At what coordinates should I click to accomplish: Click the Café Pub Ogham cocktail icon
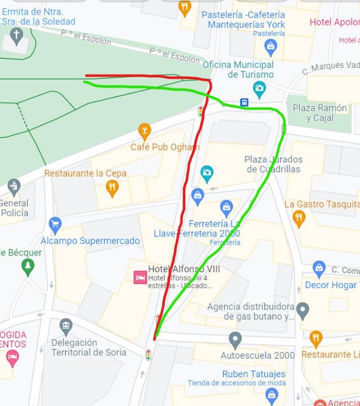click(x=144, y=131)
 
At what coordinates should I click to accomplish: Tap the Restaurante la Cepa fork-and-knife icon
click(x=112, y=188)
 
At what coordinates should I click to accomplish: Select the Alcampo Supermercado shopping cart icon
click(x=55, y=224)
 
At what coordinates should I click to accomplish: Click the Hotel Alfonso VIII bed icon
click(x=140, y=277)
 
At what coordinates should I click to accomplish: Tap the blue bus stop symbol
click(x=244, y=102)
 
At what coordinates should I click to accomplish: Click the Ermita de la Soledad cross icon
click(x=17, y=36)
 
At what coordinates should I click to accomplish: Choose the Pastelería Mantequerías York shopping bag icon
click(x=270, y=47)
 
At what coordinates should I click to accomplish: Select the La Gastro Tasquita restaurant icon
click(x=299, y=218)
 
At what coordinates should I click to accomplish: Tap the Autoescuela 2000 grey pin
click(x=235, y=340)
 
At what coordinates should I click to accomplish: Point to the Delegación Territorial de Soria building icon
click(x=66, y=327)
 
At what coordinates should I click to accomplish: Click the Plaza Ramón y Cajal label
click(x=319, y=113)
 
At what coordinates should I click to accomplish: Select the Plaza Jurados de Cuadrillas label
click(x=273, y=164)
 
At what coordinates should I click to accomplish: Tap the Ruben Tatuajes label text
click(x=254, y=374)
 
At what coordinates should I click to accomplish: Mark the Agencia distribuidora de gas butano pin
click(x=303, y=311)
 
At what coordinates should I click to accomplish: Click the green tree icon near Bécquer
click(x=28, y=266)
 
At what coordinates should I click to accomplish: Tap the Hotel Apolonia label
click(x=334, y=22)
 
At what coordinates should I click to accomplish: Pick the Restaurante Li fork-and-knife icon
click(x=316, y=339)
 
